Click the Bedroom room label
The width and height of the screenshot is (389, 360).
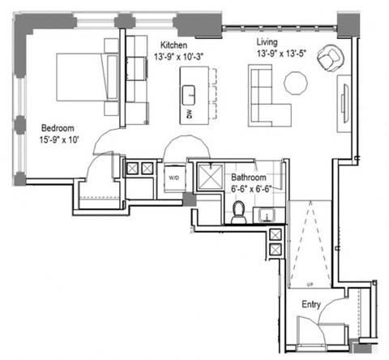click(x=59, y=126)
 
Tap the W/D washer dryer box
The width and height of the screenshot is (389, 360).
click(x=173, y=177)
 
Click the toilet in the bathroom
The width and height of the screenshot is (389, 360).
click(x=239, y=212)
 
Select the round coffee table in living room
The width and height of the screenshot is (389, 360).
click(x=294, y=83)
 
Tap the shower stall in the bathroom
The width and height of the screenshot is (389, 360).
click(x=210, y=178)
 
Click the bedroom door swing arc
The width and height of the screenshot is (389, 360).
click(x=104, y=146)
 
